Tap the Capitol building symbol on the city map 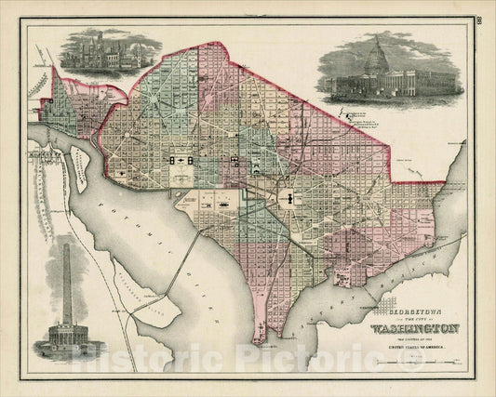[x=289, y=197]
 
